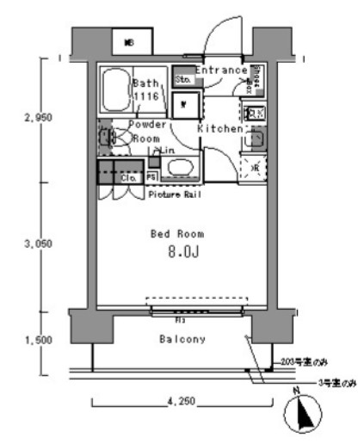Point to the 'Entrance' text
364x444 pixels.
click(x=221, y=70)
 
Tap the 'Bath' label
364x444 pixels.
click(x=146, y=83)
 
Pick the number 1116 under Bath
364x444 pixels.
click(x=146, y=98)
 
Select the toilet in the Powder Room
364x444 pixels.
click(x=107, y=137)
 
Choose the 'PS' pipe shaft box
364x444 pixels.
click(x=151, y=176)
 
